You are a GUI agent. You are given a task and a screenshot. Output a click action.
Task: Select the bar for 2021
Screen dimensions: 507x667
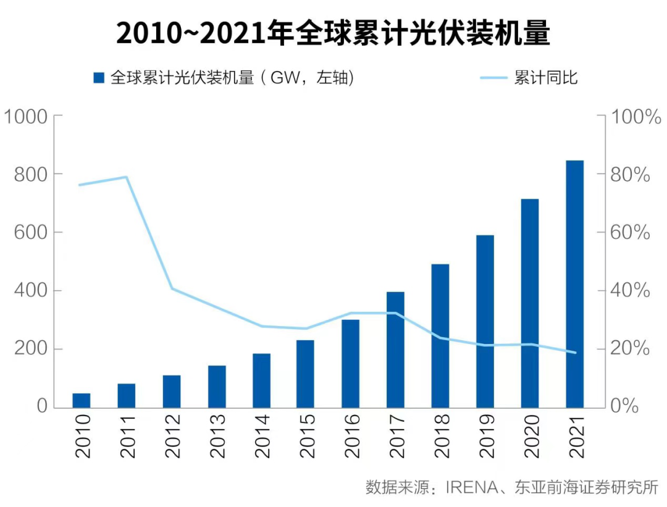click(x=575, y=284)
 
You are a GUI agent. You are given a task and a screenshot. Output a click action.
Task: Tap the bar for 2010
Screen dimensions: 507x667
click(x=82, y=400)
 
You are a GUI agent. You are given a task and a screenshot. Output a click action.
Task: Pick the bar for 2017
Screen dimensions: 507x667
click(x=395, y=350)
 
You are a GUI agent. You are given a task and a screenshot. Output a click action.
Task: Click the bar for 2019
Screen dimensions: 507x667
click(x=485, y=321)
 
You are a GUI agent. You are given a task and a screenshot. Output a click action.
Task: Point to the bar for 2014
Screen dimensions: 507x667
click(x=261, y=380)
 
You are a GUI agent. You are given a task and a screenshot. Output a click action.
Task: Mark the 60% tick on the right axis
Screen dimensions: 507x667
click(x=630, y=233)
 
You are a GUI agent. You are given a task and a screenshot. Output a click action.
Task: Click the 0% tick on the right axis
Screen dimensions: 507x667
click(x=626, y=407)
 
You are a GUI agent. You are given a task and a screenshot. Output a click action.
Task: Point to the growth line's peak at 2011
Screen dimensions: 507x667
click(x=126, y=177)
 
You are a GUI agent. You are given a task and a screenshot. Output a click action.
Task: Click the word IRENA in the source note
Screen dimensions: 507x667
click(x=472, y=487)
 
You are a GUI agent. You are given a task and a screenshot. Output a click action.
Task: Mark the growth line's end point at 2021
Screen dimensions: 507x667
click(x=575, y=353)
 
